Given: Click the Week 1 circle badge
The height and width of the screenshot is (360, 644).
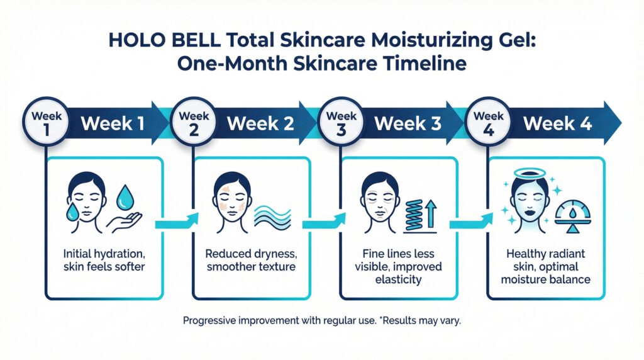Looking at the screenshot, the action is coord(46,122).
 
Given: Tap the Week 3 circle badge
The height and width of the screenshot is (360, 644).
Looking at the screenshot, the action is coord(341,122).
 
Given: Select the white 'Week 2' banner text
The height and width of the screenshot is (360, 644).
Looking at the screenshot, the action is coord(260,123).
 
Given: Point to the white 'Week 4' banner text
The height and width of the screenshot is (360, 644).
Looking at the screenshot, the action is coord(557,123).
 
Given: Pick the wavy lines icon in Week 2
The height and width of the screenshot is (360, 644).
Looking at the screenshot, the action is coord(273,217).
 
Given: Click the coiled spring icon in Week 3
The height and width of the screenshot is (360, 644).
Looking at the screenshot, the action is coord(414,215).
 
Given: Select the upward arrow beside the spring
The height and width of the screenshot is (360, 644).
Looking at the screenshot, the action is coord(431,213).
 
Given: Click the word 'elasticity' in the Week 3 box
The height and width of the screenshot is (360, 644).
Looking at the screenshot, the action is coord(398,280).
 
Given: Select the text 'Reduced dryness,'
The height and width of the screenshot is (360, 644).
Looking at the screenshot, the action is coord(251,254).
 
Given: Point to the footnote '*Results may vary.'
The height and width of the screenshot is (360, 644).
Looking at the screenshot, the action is coord(421,320).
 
